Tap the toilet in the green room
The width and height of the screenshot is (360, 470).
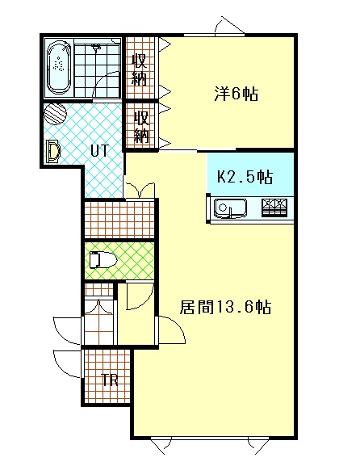[x=103, y=260]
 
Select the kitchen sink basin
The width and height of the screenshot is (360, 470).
[x=230, y=208]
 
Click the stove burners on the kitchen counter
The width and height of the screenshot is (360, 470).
[x=274, y=208]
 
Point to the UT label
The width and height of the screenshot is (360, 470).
[x=99, y=151]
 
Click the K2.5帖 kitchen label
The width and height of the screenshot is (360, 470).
[x=245, y=177]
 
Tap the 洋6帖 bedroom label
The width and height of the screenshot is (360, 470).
[x=236, y=94]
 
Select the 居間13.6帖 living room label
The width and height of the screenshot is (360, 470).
[x=225, y=307]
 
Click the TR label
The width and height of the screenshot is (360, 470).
[x=110, y=380]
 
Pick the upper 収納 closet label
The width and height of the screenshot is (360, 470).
[x=140, y=69]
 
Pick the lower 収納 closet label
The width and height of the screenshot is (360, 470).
[x=141, y=127]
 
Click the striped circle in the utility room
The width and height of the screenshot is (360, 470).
[x=55, y=114]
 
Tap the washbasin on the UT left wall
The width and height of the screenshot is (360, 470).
[x=53, y=151]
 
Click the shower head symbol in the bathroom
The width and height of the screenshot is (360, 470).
[x=96, y=48]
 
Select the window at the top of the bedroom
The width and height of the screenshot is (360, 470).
[x=214, y=35]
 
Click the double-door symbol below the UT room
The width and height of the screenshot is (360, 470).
[x=140, y=190]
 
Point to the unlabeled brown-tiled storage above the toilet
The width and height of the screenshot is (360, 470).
[x=119, y=220]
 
